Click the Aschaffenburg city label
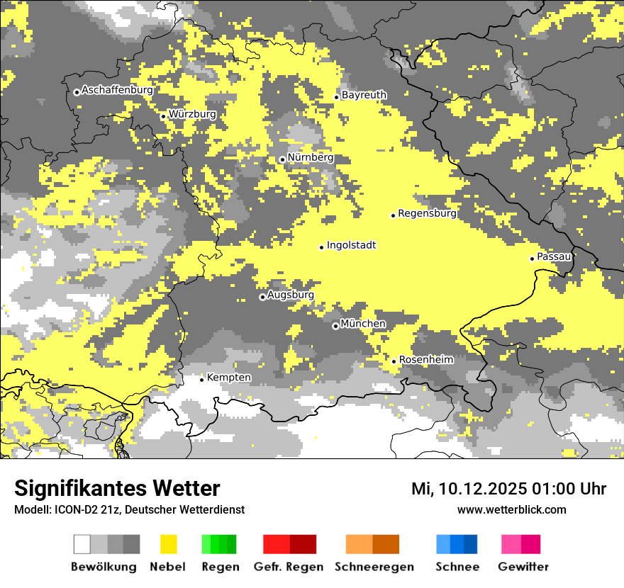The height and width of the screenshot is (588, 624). click(x=117, y=90)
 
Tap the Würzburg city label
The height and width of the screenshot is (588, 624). click(x=192, y=114)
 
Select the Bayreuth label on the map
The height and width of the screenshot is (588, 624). click(x=364, y=95)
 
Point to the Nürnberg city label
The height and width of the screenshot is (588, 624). click(x=310, y=157)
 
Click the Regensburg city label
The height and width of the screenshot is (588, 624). click(x=427, y=213)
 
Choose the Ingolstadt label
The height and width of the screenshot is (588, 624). click(x=351, y=245)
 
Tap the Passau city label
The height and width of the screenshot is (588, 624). click(x=554, y=256)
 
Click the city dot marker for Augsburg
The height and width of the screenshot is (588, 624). click(x=262, y=298)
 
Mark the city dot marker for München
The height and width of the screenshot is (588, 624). click(x=335, y=327)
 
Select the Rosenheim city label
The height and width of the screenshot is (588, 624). click(x=426, y=360)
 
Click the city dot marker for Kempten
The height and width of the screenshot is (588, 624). click(x=201, y=380)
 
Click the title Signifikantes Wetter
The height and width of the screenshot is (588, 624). click(x=117, y=488)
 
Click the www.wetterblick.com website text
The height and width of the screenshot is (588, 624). click(x=511, y=509)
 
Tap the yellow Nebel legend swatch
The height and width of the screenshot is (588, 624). click(x=169, y=544)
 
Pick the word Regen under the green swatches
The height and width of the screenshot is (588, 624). click(x=219, y=567)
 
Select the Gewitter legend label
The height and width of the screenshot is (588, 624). click(x=523, y=567)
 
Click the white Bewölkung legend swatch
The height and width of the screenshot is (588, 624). click(x=82, y=544)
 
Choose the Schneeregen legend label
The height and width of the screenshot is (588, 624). click(x=374, y=567)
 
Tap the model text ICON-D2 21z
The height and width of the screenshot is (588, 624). click(x=83, y=509)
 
